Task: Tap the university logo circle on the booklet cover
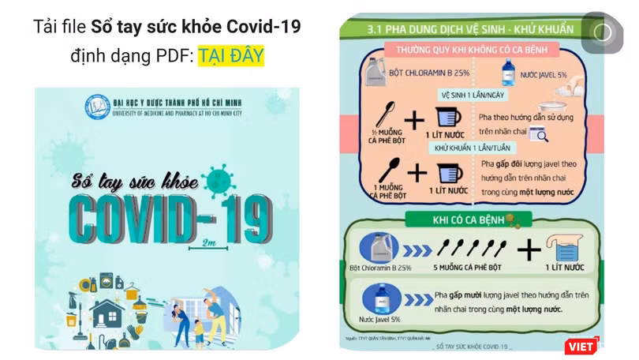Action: pyautogui.click(x=98, y=103)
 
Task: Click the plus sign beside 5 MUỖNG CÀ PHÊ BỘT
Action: pyautogui.click(x=529, y=250)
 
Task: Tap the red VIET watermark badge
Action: pyautogui.click(x=580, y=346)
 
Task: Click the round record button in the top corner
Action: pyautogui.click(x=603, y=32)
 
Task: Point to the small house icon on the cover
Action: pyautogui.click(x=108, y=312)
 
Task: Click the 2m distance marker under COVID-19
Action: pyautogui.click(x=209, y=242)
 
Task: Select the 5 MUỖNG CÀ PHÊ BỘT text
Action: pyautogui.click(x=467, y=268)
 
